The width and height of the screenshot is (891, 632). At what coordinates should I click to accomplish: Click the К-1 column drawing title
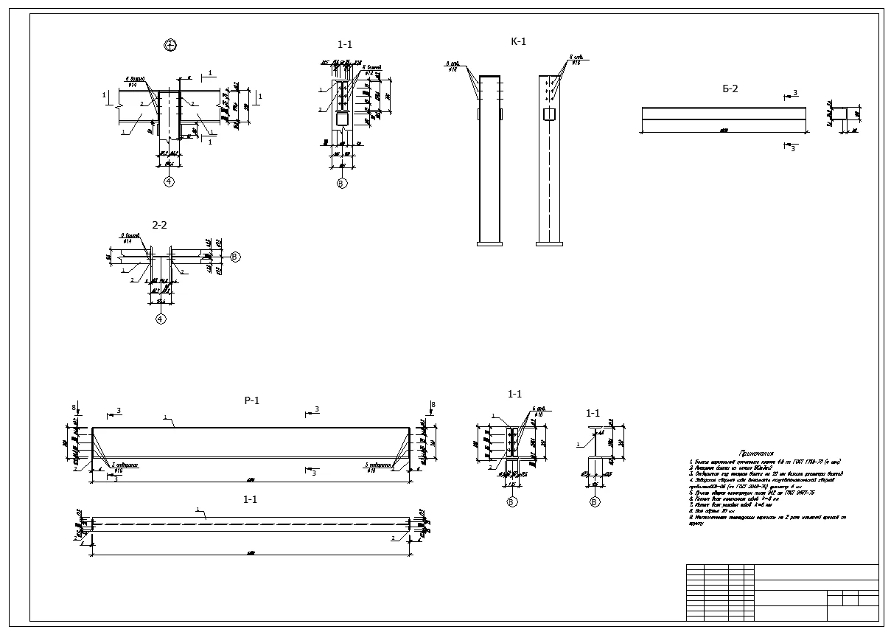[x=518, y=41]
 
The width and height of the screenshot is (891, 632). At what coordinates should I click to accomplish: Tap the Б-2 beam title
[x=730, y=88]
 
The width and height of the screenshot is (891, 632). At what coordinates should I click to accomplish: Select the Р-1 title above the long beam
[x=252, y=400]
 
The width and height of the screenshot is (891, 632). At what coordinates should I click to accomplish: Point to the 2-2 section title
[x=159, y=225]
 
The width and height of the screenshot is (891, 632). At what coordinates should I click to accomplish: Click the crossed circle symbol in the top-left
[x=170, y=45]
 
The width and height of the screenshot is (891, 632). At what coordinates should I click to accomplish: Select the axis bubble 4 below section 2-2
[x=161, y=319]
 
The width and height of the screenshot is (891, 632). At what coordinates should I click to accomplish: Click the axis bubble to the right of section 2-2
[x=235, y=257]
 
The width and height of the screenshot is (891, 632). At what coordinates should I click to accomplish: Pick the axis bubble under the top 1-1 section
[x=341, y=183]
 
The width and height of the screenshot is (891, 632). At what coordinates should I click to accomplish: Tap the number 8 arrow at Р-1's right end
[x=433, y=405]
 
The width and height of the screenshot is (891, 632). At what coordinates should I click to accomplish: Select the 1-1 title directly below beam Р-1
[x=250, y=500]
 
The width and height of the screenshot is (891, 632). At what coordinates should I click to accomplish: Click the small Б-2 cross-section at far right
[x=845, y=114]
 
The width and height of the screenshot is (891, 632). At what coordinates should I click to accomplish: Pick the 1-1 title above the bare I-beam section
[x=593, y=413]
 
